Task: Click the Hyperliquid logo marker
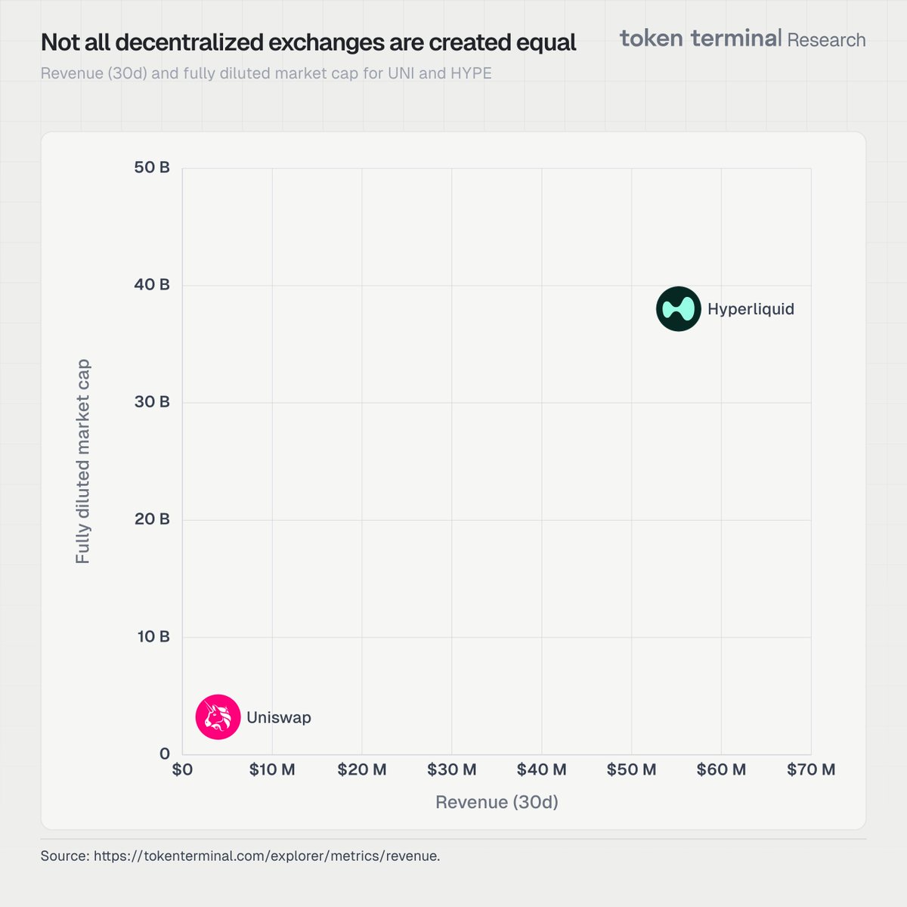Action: pyautogui.click(x=678, y=309)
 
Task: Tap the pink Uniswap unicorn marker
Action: pyautogui.click(x=218, y=717)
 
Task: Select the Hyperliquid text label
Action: pyautogui.click(x=751, y=309)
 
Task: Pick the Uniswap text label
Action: pyautogui.click(x=279, y=717)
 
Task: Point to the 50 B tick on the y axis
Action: pyautogui.click(x=152, y=168)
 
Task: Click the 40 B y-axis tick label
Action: pyautogui.click(x=152, y=285)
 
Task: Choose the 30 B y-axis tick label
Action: pyautogui.click(x=152, y=402)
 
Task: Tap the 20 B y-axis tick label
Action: pyautogui.click(x=152, y=519)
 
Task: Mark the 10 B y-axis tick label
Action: pyautogui.click(x=153, y=636)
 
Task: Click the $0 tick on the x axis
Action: pyautogui.click(x=182, y=769)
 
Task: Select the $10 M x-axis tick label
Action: pyautogui.click(x=272, y=769)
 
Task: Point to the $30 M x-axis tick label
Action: pyautogui.click(x=451, y=769)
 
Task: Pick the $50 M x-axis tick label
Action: pyautogui.click(x=631, y=769)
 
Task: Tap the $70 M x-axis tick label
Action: pyautogui.click(x=811, y=769)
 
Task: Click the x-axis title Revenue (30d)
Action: pyautogui.click(x=497, y=802)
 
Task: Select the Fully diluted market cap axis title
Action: pyautogui.click(x=83, y=461)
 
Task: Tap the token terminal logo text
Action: pyautogui.click(x=701, y=39)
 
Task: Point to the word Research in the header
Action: pyautogui.click(x=826, y=40)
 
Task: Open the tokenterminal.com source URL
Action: pyautogui.click(x=266, y=856)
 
